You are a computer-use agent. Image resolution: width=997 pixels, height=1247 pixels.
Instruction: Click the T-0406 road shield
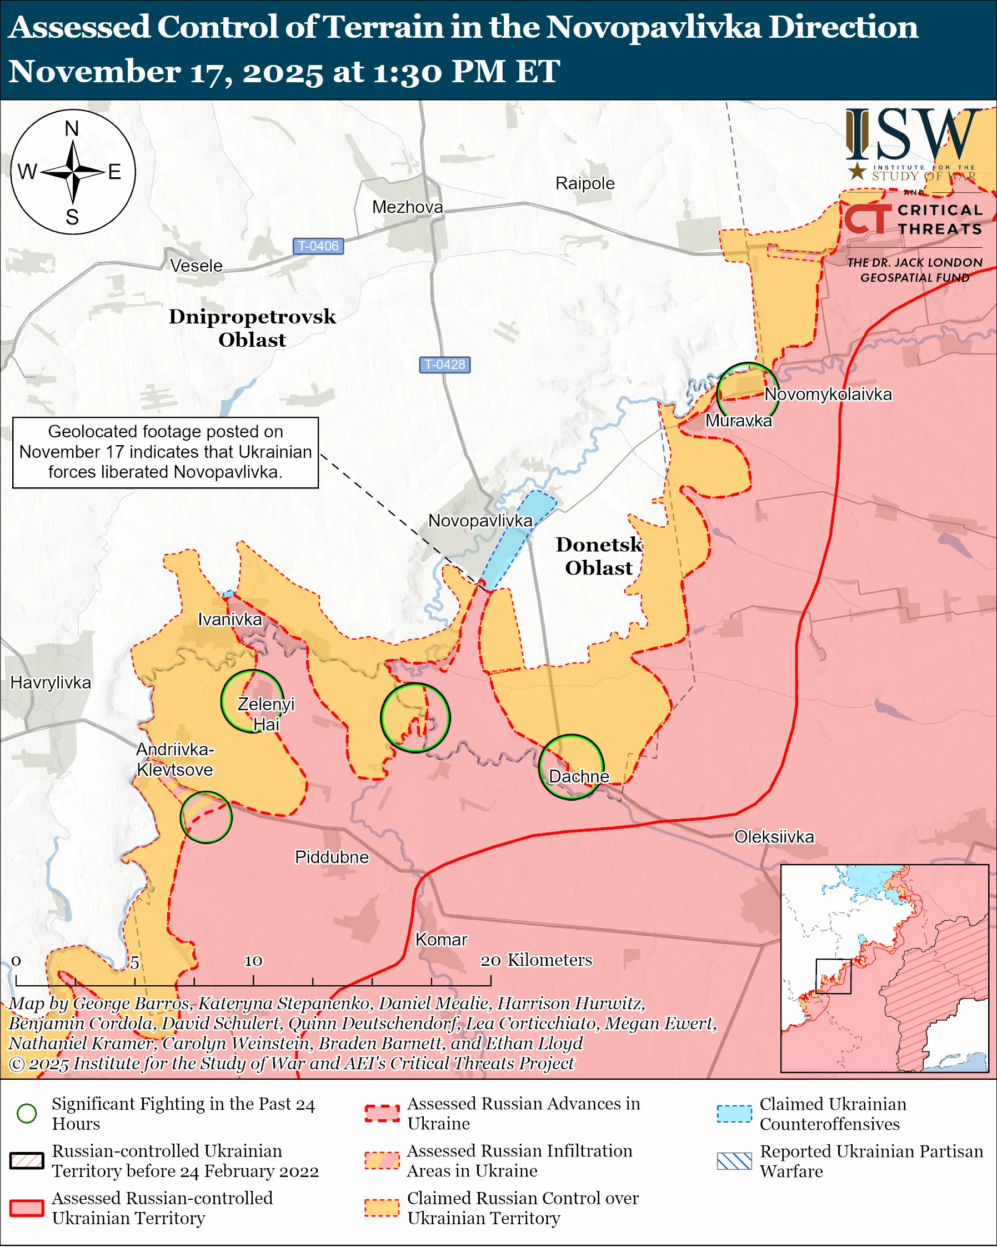click(318, 246)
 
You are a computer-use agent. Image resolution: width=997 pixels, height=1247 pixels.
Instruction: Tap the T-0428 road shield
click(444, 365)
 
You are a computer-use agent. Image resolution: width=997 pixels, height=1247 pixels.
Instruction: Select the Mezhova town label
click(408, 207)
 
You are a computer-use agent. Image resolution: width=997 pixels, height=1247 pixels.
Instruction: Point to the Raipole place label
click(585, 183)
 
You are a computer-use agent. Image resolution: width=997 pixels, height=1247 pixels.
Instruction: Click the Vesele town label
click(196, 266)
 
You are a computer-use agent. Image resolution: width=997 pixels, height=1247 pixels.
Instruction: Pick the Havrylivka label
click(51, 682)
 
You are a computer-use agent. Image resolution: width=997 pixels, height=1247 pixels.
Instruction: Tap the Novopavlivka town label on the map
click(480, 521)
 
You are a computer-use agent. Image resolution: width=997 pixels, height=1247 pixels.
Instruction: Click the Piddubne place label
click(332, 856)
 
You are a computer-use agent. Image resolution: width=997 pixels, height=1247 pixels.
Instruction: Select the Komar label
click(441, 939)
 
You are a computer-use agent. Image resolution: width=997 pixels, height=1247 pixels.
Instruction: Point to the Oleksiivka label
click(774, 836)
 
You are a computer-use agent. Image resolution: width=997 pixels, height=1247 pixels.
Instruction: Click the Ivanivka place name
click(229, 620)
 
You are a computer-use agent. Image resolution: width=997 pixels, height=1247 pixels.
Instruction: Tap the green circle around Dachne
click(572, 767)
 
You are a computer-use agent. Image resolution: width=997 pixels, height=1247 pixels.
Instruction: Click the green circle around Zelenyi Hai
click(253, 701)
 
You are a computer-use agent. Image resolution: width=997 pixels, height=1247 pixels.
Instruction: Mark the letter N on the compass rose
click(72, 128)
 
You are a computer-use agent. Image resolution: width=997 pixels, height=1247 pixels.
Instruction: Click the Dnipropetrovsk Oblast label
click(252, 328)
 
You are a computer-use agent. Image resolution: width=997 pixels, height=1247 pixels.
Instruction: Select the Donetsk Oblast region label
click(599, 556)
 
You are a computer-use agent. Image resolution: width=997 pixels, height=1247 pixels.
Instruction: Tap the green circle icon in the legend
click(27, 1114)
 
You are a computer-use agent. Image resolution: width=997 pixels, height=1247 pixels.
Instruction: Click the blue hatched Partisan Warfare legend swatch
click(734, 1161)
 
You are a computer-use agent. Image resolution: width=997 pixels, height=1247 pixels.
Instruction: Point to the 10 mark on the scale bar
click(253, 961)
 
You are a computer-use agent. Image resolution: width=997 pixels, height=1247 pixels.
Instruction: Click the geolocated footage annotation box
click(166, 452)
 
